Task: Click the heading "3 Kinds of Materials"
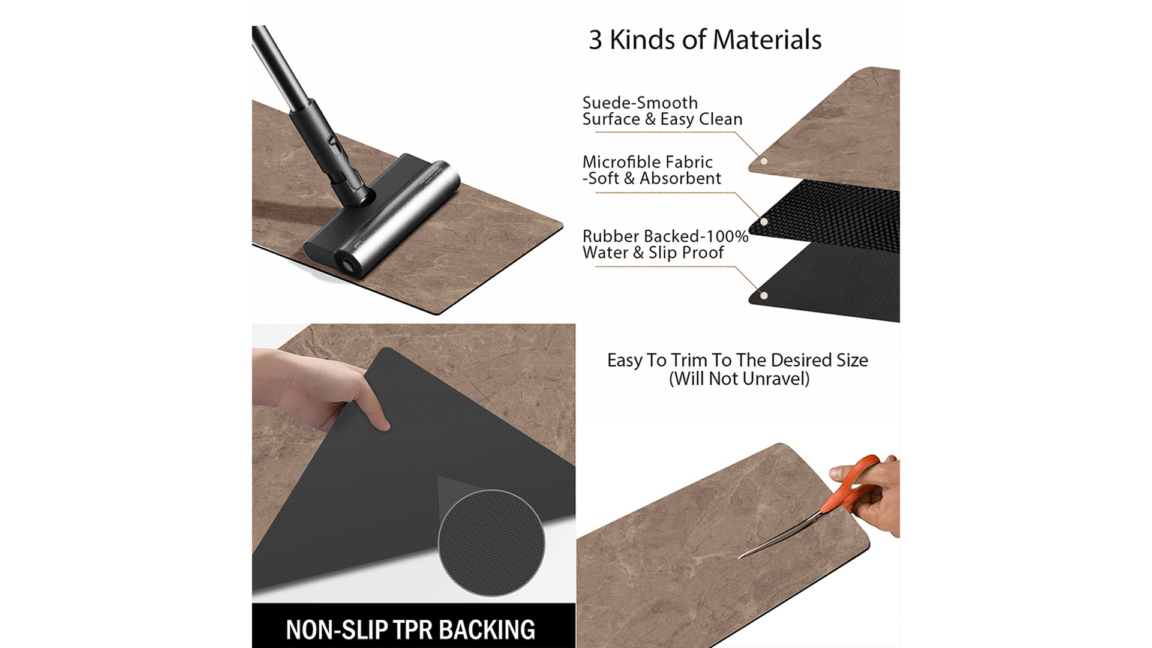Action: click(705, 40)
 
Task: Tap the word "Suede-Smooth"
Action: click(640, 103)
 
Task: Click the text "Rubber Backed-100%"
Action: click(665, 236)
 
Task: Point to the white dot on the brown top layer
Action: click(764, 161)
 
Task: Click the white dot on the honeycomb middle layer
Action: click(764, 222)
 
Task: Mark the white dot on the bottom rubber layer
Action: click(764, 295)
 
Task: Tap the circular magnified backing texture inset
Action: click(491, 543)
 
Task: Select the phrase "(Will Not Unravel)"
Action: click(739, 379)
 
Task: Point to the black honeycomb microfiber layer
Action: click(834, 216)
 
